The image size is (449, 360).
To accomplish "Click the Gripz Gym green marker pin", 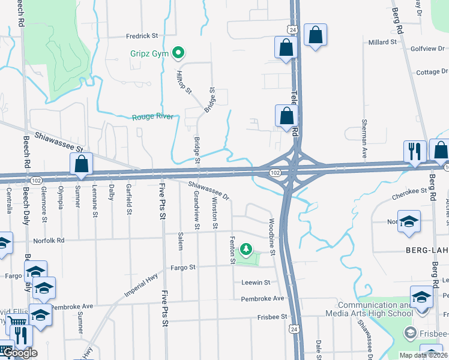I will pyautogui.click(x=178, y=53).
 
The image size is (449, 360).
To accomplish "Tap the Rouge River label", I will pyautogui.click(x=152, y=117).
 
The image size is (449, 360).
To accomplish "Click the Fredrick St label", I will pyautogui.click(x=141, y=36).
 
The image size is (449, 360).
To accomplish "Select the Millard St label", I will pyautogui.click(x=382, y=43).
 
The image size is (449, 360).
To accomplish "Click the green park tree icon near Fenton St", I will pyautogui.click(x=246, y=248).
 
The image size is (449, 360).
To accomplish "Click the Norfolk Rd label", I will pyautogui.click(x=49, y=241).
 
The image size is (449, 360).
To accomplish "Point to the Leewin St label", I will pyautogui.click(x=256, y=282).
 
